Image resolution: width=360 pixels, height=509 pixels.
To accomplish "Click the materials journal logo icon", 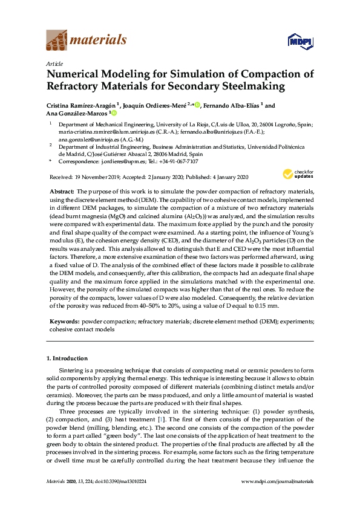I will tap(57, 41).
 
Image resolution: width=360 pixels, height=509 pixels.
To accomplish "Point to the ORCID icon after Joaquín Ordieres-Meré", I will tap(198, 105).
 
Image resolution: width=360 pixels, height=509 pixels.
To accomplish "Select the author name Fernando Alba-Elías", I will tap(225, 105).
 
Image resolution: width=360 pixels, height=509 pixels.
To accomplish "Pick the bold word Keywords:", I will tap(64, 322).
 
